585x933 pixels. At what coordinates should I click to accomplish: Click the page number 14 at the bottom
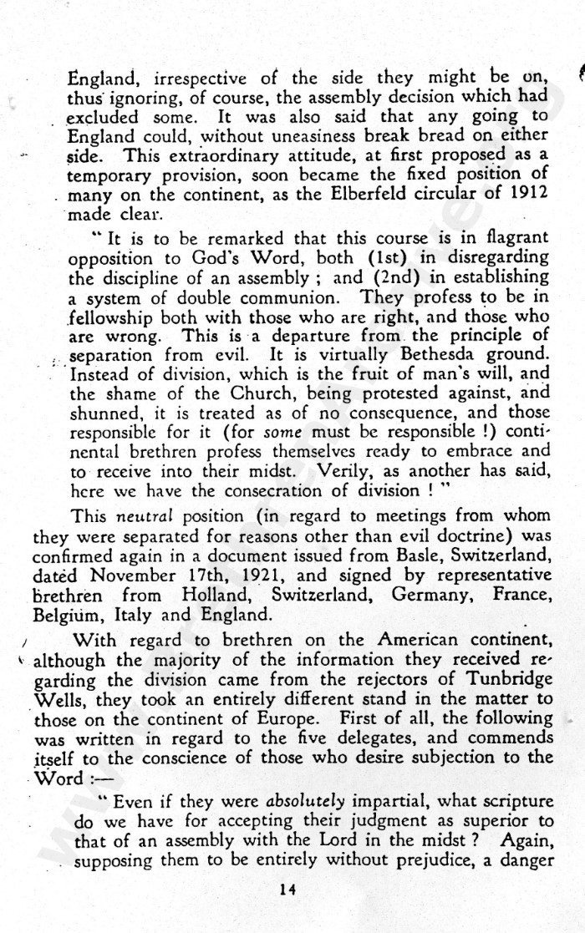288,890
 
